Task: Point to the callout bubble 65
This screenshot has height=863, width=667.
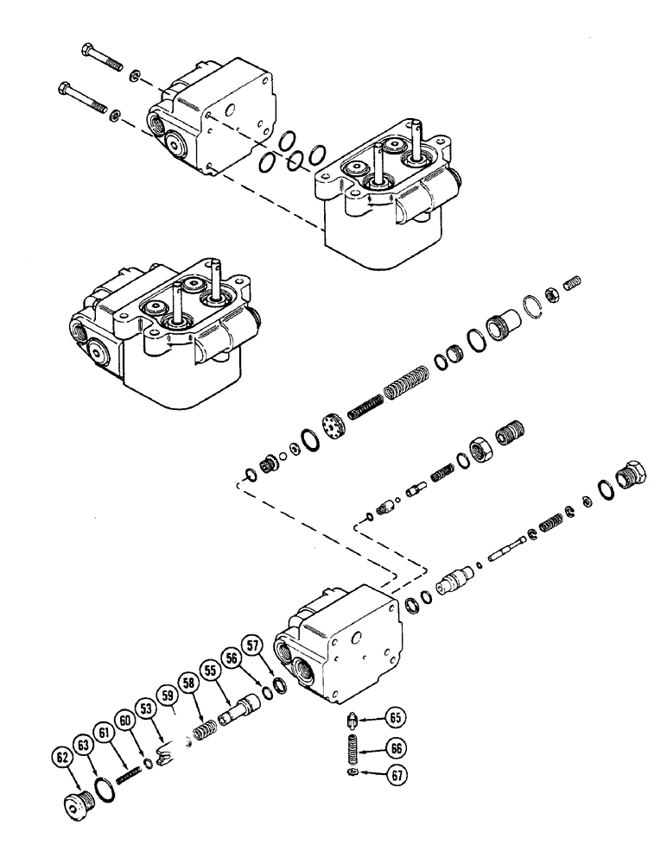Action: [395, 716]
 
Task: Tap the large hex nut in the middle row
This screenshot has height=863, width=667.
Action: [480, 448]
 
